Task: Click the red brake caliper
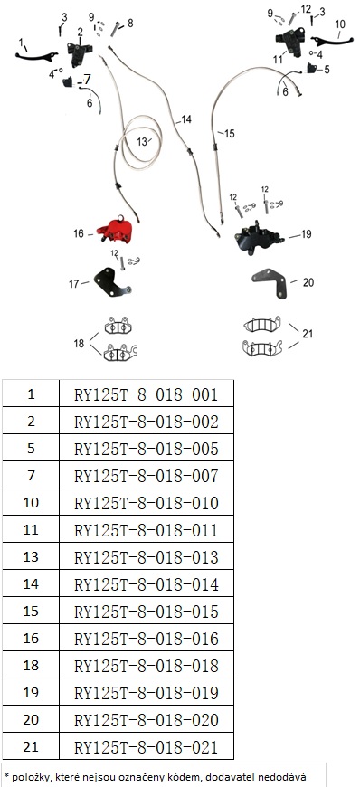click(117, 232)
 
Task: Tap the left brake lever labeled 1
click(35, 57)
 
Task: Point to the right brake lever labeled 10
click(330, 40)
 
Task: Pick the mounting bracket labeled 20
click(271, 282)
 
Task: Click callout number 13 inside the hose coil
click(142, 142)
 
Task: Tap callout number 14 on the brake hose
click(186, 119)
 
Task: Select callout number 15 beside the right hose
click(229, 134)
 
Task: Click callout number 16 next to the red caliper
click(79, 233)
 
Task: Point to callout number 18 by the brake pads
click(80, 344)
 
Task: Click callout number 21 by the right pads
click(308, 333)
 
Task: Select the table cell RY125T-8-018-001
click(147, 394)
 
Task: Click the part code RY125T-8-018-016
click(147, 639)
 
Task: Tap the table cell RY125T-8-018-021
click(147, 747)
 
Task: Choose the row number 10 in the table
click(31, 502)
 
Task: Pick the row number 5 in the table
click(31, 448)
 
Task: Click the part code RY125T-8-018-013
click(147, 557)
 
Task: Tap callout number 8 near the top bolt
click(130, 24)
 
